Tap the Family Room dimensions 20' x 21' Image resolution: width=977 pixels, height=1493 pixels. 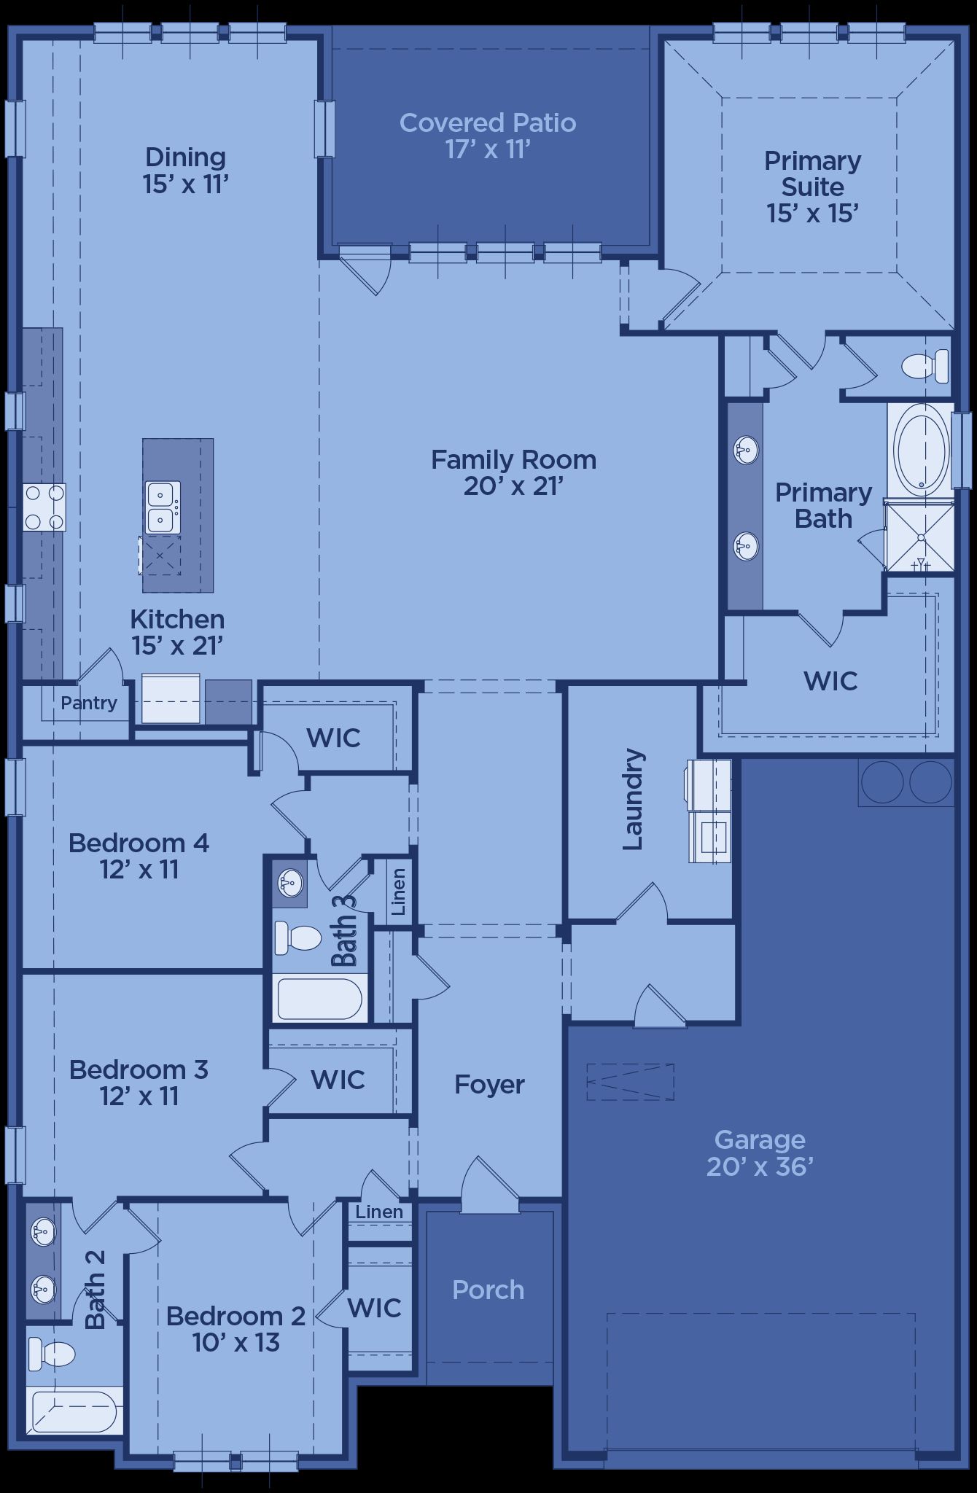coord(514,486)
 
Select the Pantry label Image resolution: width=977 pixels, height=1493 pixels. coord(89,703)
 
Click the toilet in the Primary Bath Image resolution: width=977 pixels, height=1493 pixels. coord(925,366)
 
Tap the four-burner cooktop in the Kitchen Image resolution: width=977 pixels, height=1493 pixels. coord(44,507)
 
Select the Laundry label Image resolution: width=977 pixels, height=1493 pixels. coord(633,799)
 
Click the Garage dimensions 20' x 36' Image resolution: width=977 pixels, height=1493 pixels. coord(760,1166)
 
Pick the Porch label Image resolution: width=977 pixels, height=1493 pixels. coord(488,1290)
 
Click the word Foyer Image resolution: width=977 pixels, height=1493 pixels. coord(489,1085)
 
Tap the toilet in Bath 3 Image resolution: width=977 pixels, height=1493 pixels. coord(297,937)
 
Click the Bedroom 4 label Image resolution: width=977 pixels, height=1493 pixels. coord(139,843)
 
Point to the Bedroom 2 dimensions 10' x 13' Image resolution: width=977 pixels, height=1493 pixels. coord(236,1342)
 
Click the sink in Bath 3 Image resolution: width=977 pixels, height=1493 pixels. coord(290,884)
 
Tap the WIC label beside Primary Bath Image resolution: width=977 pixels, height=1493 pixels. coord(830,681)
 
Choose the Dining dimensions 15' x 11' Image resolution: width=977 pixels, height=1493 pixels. coord(186,184)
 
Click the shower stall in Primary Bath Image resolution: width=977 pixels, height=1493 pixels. coord(919,537)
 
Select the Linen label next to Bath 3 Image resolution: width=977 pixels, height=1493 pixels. coord(398,892)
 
